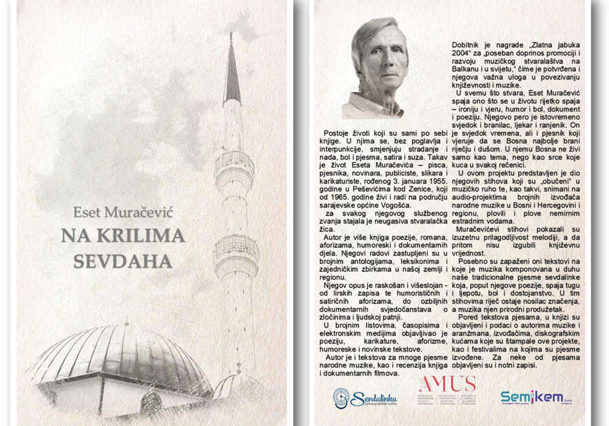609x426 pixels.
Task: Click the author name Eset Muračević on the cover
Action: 124,212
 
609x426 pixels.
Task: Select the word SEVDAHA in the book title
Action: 122,260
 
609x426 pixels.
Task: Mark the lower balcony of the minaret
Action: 235,249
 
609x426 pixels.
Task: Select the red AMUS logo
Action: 446,383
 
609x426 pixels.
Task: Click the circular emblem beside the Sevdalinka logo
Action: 341,399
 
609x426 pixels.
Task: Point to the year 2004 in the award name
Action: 466,54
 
